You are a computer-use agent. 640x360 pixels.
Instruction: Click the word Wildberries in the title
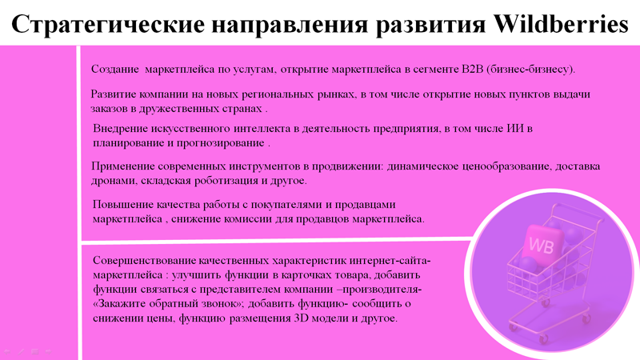tap(561, 24)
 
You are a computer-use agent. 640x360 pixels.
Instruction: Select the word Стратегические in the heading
tap(108, 25)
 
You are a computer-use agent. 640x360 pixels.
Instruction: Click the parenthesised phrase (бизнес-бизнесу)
tap(531, 70)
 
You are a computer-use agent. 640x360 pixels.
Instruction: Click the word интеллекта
tap(262, 129)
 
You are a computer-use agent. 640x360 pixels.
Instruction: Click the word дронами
tap(114, 181)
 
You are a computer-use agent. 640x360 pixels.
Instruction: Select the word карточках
tap(306, 275)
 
